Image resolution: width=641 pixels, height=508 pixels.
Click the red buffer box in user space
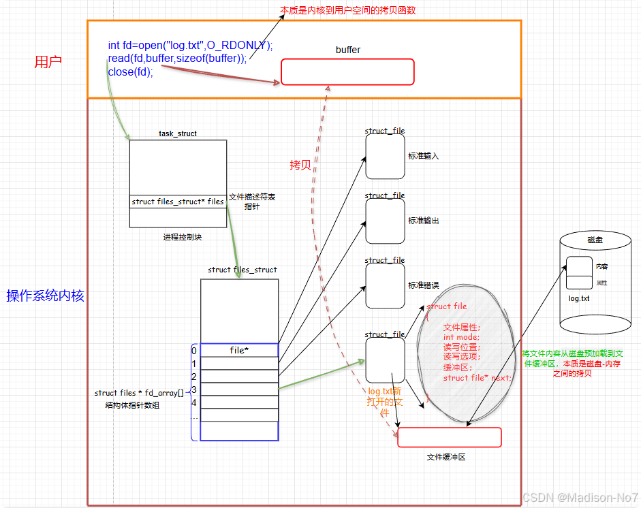pyautogui.click(x=347, y=72)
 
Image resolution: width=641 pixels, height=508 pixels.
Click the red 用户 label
pyautogui.click(x=48, y=62)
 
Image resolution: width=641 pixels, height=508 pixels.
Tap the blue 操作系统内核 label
pyautogui.click(x=45, y=296)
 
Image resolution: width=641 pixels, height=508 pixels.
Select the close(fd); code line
pyautogui.click(x=130, y=72)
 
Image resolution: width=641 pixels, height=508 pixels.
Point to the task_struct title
pyautogui.click(x=177, y=133)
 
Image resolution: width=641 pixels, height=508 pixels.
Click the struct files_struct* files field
pyautogui.click(x=177, y=202)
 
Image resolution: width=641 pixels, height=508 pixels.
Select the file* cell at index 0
pyautogui.click(x=239, y=350)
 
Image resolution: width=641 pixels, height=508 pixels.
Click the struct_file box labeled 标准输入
pyautogui.click(x=385, y=156)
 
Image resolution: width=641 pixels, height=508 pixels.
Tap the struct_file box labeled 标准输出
pyautogui.click(x=385, y=221)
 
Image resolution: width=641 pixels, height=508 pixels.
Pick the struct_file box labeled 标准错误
pyautogui.click(x=385, y=285)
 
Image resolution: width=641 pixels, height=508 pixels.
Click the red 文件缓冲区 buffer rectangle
pyautogui.click(x=449, y=437)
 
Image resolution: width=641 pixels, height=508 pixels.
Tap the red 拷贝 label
pyautogui.click(x=300, y=165)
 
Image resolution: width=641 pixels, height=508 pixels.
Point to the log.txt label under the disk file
pyautogui.click(x=579, y=298)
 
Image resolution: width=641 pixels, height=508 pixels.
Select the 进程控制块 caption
pyautogui.click(x=183, y=237)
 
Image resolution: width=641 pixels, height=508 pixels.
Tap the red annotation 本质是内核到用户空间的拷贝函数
pyautogui.click(x=347, y=10)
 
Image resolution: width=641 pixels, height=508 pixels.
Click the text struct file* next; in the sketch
pyautogui.click(x=476, y=377)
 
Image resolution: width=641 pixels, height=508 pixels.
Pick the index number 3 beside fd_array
pyautogui.click(x=194, y=390)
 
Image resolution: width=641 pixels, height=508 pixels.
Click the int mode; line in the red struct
pyautogui.click(x=461, y=336)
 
